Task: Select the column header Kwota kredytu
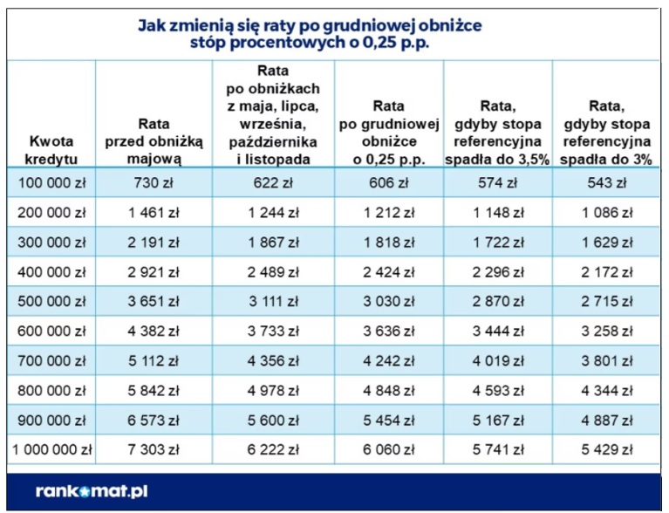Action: coord(51,149)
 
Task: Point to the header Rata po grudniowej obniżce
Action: coord(388,133)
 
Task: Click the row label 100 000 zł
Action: coord(51,183)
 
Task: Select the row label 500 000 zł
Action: coord(51,302)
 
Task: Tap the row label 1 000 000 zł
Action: coord(51,451)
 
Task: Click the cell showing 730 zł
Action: coord(157,183)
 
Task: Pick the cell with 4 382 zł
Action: coord(157,332)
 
